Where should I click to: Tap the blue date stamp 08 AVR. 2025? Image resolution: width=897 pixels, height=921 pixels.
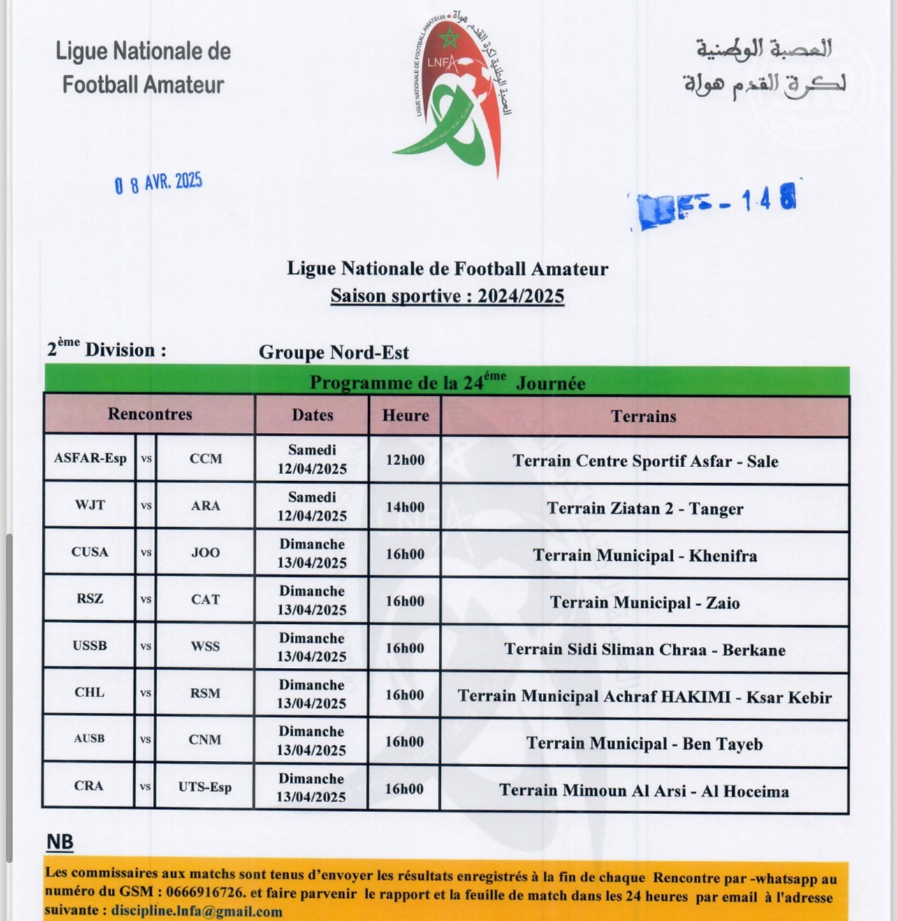(159, 183)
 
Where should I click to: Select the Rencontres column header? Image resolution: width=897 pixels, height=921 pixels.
(149, 414)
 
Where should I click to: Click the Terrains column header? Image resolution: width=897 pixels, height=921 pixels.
(643, 416)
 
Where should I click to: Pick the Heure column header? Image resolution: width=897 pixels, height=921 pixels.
(405, 415)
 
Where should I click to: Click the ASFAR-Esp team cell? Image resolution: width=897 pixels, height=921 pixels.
(90, 459)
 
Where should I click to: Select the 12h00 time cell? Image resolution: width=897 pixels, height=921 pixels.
(405, 459)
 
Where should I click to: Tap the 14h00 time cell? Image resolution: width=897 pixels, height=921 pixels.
(405, 507)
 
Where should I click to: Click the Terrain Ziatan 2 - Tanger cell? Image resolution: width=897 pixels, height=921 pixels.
(645, 508)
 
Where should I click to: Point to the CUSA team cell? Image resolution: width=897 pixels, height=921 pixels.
(90, 552)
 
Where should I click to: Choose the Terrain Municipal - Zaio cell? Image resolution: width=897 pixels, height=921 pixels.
(645, 602)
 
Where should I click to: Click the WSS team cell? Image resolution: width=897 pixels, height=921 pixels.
(205, 646)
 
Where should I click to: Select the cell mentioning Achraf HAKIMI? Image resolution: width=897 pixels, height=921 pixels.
(645, 697)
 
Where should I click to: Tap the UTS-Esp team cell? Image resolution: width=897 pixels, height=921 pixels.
(205, 787)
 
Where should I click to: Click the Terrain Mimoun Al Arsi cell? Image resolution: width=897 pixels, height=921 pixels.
(644, 791)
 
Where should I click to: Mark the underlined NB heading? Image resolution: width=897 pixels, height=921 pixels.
(60, 841)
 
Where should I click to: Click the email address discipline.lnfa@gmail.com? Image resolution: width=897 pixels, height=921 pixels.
(196, 911)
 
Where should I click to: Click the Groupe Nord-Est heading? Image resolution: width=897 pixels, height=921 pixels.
(333, 352)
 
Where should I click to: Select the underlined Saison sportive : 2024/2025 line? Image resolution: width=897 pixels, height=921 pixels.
(447, 296)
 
